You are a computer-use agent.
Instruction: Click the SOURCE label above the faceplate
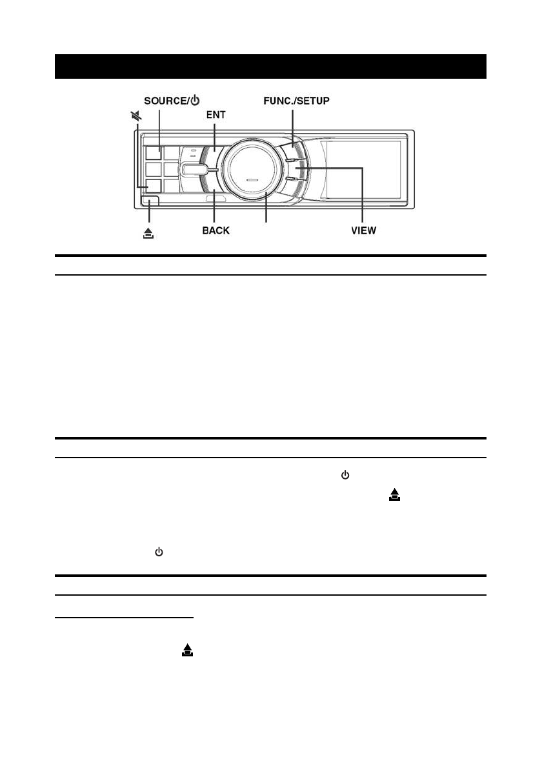[165, 101]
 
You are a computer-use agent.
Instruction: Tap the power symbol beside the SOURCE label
[195, 101]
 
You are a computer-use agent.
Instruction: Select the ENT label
[216, 115]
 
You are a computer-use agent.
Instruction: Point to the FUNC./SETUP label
[296, 101]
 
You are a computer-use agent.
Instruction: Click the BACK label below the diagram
[216, 230]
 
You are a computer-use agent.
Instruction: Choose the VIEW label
[363, 230]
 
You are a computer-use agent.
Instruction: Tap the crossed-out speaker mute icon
[136, 116]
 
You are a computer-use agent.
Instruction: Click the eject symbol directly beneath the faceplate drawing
[148, 234]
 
